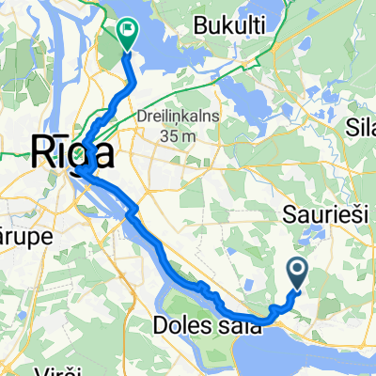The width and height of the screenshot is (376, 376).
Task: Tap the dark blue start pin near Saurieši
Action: (297, 274)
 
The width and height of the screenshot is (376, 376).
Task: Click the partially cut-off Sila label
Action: (362, 126)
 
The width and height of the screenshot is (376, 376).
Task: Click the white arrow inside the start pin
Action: (297, 272)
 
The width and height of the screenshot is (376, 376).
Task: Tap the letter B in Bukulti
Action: (196, 24)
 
